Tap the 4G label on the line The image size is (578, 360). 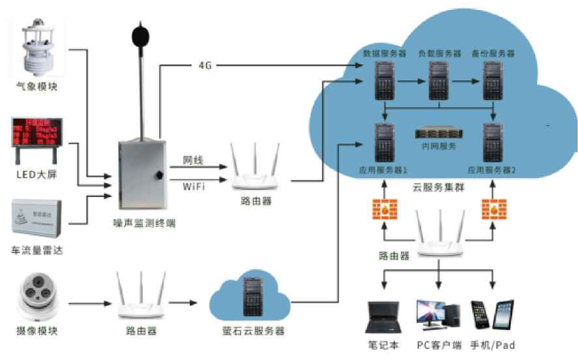point(206,66)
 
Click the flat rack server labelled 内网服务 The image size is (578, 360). point(439,134)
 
